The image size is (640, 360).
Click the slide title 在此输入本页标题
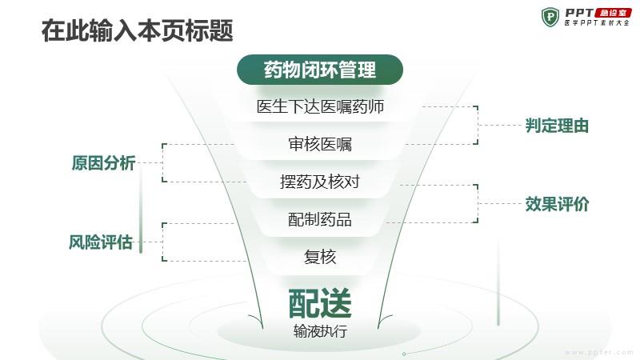(x=137, y=30)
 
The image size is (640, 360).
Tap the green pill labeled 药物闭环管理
(x=320, y=70)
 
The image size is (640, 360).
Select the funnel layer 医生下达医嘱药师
(x=320, y=106)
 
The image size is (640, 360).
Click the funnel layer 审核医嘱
(x=320, y=144)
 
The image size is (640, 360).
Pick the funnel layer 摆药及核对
(x=320, y=182)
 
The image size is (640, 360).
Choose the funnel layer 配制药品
(x=320, y=219)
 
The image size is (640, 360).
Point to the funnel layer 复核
(x=320, y=257)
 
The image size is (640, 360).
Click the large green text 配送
(x=320, y=303)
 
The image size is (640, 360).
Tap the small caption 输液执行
(x=320, y=331)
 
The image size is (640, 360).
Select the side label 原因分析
(x=103, y=163)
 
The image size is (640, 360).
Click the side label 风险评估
(x=101, y=242)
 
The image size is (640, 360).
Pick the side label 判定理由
(x=557, y=126)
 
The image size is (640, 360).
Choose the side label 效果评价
(x=557, y=204)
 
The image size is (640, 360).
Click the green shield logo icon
(x=550, y=17)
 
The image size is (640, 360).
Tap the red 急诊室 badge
(x=613, y=13)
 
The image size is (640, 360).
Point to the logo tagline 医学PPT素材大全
(x=597, y=23)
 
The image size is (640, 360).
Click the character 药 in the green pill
(x=272, y=70)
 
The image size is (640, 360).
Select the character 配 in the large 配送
(x=304, y=303)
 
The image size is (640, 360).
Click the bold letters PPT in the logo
(x=579, y=13)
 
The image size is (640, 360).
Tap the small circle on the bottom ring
(x=404, y=354)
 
